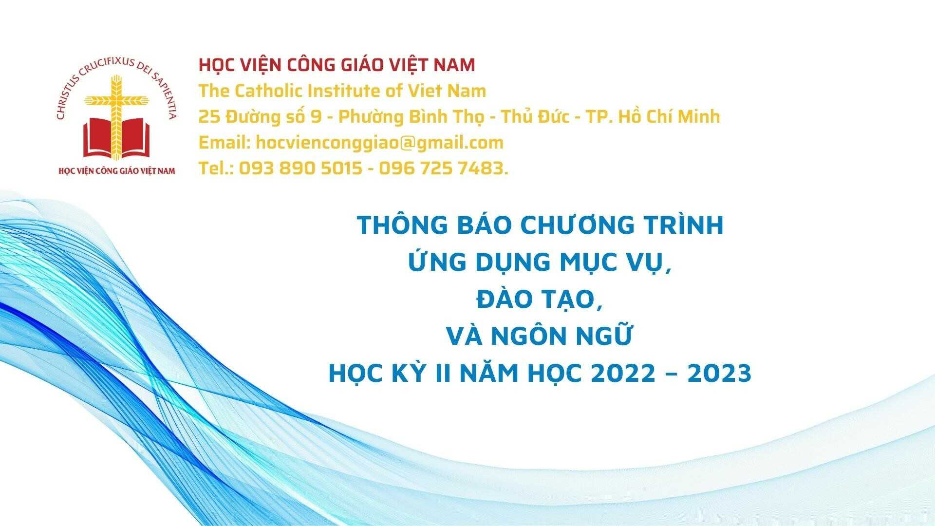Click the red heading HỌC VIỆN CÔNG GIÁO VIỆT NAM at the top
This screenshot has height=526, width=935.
pyautogui.click(x=337, y=65)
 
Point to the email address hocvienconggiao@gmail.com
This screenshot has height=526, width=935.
pyautogui.click(x=379, y=143)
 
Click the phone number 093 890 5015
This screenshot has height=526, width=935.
pyautogui.click(x=300, y=169)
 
